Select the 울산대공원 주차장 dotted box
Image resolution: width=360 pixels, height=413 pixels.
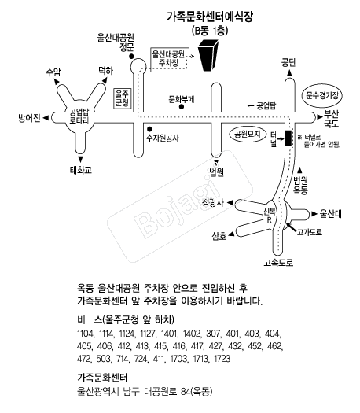pyautogui.click(x=170, y=59)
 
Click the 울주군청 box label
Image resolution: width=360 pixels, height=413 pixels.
pyautogui.click(x=122, y=98)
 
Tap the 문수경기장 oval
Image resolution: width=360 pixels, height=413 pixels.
pyautogui.click(x=323, y=95)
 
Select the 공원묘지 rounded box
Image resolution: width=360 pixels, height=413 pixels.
pyautogui.click(x=244, y=135)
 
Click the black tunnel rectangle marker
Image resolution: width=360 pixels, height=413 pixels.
pyautogui.click(x=287, y=138)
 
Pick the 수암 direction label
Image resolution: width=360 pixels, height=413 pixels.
pyautogui.click(x=53, y=72)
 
